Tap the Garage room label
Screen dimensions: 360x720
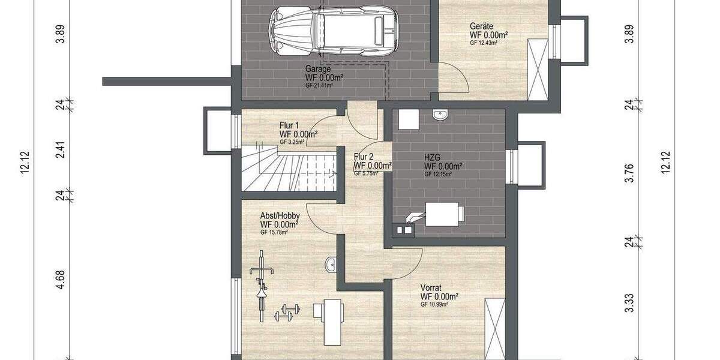tap(317, 69)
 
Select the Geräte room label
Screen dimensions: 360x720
tap(482, 26)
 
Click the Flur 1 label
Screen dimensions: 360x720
tap(290, 125)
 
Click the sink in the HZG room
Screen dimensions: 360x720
tap(441, 115)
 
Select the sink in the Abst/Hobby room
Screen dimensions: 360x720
tap(331, 263)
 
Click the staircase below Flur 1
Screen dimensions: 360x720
tap(288, 169)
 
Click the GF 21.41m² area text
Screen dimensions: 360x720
tap(319, 85)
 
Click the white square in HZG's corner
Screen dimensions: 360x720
tap(408, 118)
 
